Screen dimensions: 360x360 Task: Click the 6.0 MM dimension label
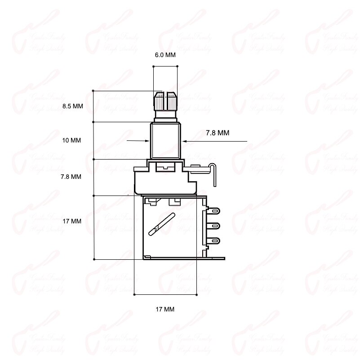coord(165,55)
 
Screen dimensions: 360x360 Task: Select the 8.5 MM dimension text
coord(73,106)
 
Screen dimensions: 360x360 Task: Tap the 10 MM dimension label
coord(72,140)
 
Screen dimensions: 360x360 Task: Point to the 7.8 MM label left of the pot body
coord(71,177)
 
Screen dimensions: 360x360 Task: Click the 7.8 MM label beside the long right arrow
coord(218,133)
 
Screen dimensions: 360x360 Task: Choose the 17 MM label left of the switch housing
coord(72,221)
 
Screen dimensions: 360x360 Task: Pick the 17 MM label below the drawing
coord(165,309)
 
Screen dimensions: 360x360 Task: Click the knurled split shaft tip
coord(165,102)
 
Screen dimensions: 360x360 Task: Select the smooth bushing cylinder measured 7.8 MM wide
coord(165,140)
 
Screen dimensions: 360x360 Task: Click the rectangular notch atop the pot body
coord(165,167)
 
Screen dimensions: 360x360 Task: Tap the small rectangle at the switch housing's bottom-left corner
coord(147,257)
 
